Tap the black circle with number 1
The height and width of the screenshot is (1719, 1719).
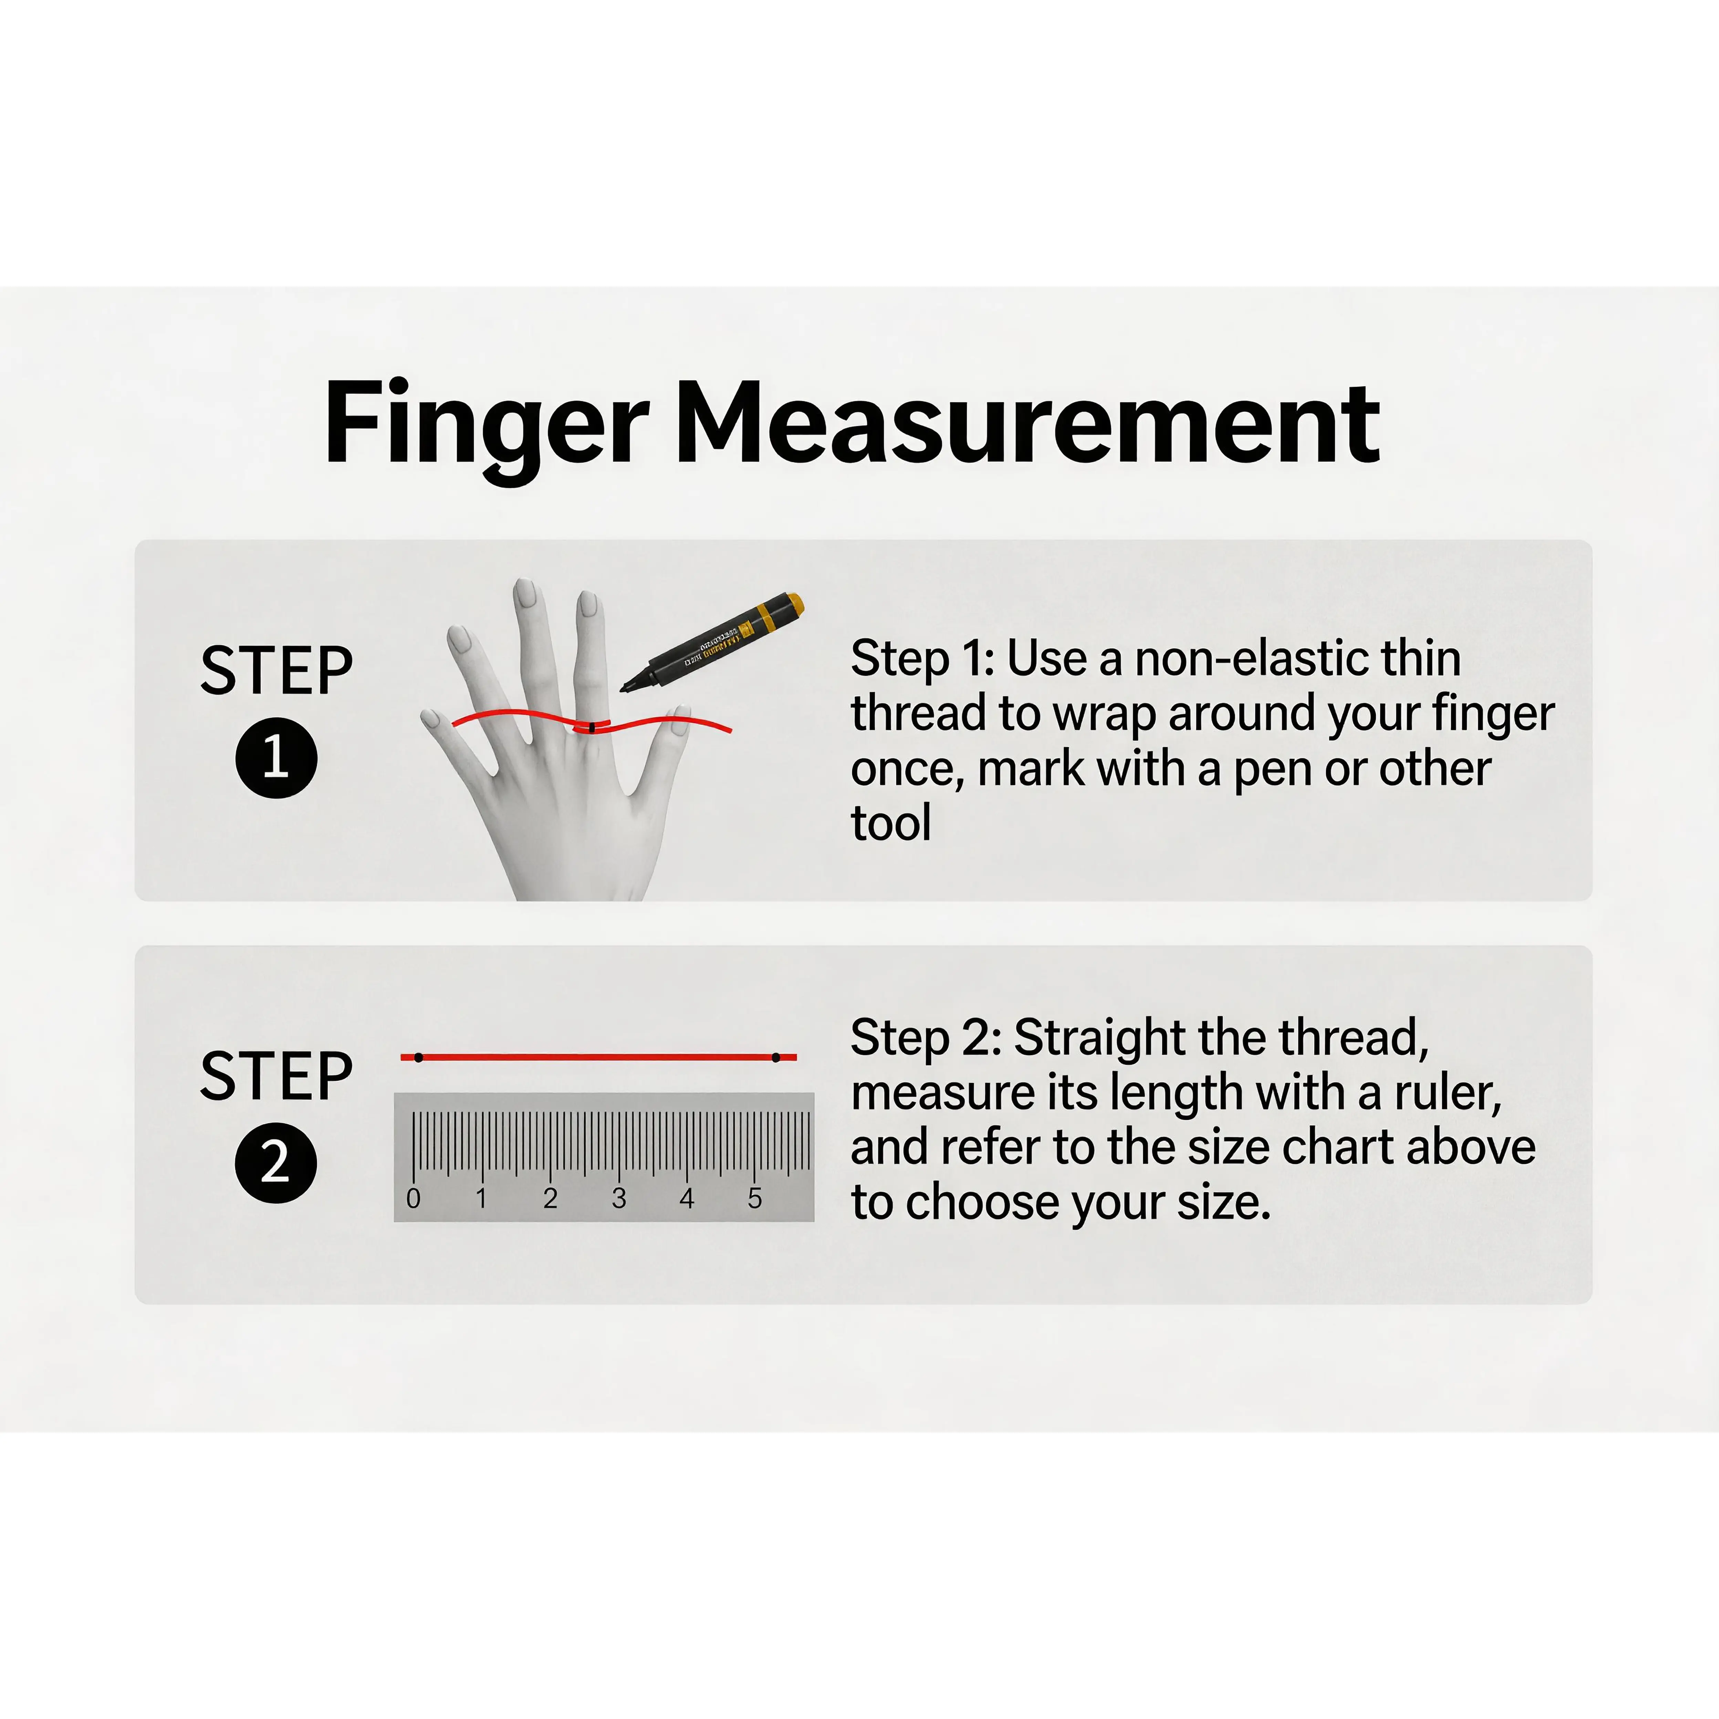(x=276, y=757)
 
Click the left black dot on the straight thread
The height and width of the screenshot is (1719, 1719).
(x=418, y=1057)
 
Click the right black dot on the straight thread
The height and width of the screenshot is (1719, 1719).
(x=776, y=1057)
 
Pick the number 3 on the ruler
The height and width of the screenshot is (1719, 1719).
(x=618, y=1198)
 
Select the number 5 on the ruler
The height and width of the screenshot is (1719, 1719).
(x=754, y=1198)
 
